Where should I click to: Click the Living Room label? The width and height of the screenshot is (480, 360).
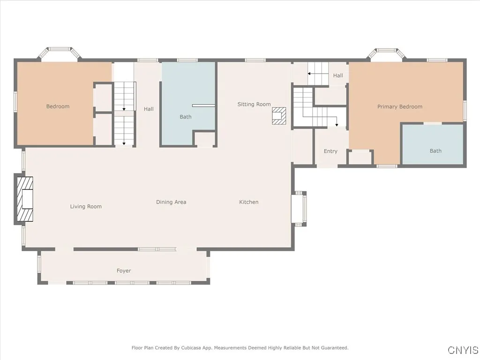click(86, 206)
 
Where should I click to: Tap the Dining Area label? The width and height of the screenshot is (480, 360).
click(171, 202)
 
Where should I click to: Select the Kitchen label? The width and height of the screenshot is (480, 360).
click(248, 202)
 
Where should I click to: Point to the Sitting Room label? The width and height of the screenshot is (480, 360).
click(254, 105)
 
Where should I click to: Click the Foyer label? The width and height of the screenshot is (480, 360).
click(124, 270)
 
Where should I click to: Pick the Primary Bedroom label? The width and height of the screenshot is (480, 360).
click(400, 106)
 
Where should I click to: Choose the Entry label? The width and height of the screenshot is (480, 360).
click(330, 151)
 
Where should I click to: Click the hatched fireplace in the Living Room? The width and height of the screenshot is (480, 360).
click(25, 199)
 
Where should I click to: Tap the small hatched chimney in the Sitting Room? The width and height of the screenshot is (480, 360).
click(279, 116)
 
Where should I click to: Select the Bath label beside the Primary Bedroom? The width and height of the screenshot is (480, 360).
click(435, 151)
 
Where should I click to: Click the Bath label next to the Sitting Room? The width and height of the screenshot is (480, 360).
click(186, 117)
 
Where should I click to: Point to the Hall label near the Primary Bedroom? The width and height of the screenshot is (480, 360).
click(338, 75)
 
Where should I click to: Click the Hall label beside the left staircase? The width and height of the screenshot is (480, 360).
click(149, 109)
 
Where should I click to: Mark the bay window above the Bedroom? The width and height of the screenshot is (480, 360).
click(59, 52)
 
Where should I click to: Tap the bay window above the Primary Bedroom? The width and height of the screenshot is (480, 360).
click(387, 53)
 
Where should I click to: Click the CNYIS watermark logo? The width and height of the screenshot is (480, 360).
click(463, 350)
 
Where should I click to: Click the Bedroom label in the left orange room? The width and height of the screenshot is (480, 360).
click(58, 106)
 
